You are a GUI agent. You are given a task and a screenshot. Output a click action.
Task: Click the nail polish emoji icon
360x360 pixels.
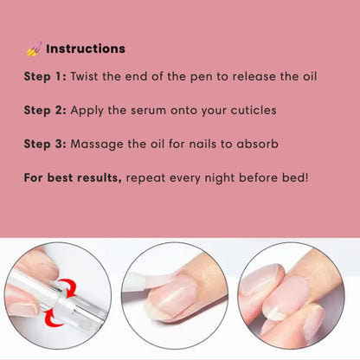(33, 49)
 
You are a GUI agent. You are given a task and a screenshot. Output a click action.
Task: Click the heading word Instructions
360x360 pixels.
(86, 49)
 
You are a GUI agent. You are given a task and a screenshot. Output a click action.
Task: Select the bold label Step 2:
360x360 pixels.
(45, 111)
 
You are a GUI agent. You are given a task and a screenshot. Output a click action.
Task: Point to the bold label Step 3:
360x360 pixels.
(45, 145)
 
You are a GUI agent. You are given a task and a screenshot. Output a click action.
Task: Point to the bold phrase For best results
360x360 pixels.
(73, 178)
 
